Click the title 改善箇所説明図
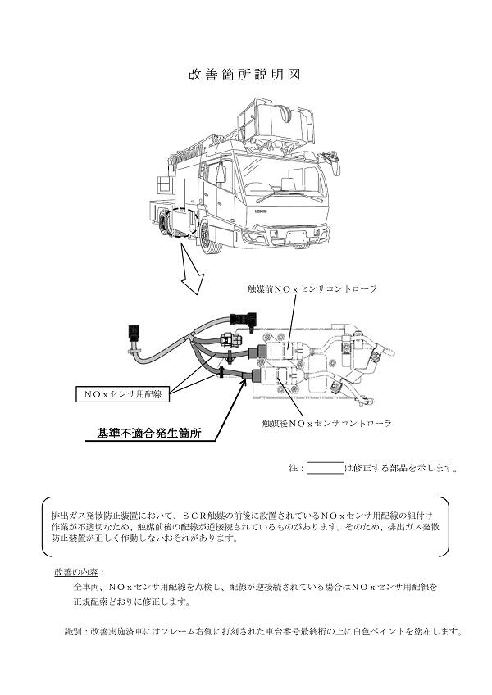245,74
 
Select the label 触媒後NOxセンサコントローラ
326,424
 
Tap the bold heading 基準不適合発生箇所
150,433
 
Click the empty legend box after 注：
325,468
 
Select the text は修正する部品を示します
401,469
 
